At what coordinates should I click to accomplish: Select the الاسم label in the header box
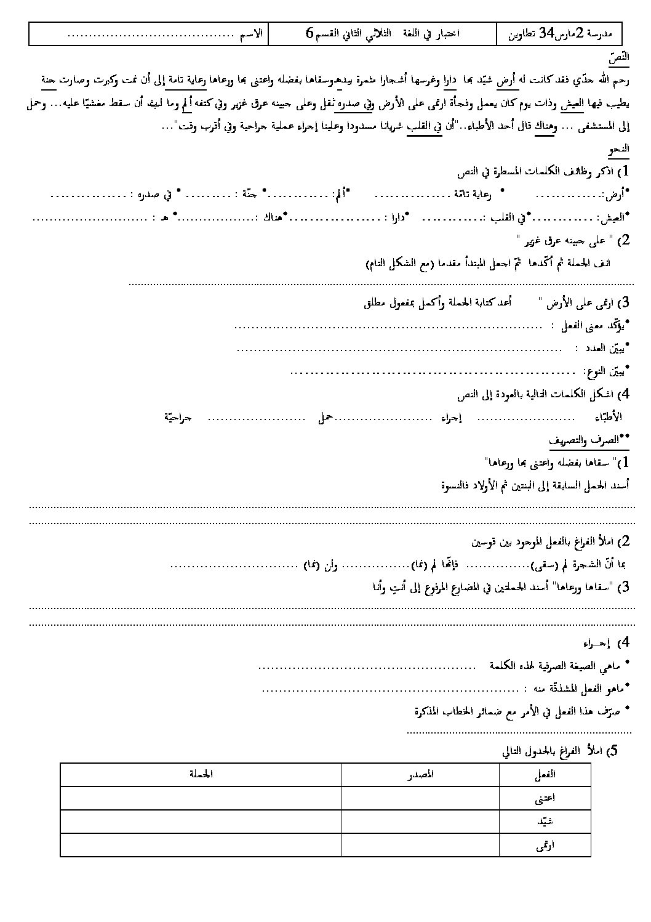[252, 34]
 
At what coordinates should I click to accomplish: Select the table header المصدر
[421, 774]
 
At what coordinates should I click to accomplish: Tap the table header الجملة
[200, 774]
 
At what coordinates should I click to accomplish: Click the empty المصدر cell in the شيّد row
[421, 822]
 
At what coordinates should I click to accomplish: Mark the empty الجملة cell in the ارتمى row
[200, 846]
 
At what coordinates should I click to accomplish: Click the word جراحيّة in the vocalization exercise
[178, 418]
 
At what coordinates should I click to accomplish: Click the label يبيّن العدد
[602, 349]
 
